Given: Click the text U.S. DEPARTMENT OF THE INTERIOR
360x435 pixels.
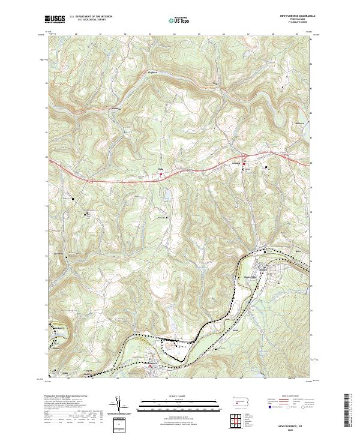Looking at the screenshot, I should (91, 17).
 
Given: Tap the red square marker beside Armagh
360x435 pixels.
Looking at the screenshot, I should (244, 170).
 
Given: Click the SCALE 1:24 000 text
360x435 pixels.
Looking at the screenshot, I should (179, 397).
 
